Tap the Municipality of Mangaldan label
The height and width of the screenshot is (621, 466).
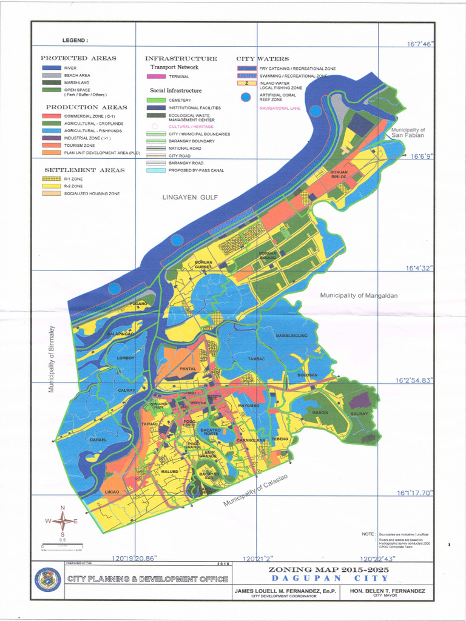[359, 295]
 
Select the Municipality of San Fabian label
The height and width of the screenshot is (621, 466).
[408, 134]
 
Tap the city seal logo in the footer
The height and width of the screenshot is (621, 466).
[49, 579]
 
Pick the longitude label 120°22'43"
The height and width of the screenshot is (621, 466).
[378, 559]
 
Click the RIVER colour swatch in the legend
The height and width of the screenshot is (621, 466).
[50, 68]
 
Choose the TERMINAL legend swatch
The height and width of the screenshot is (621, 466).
[156, 77]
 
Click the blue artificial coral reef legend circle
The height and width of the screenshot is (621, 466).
[245, 97]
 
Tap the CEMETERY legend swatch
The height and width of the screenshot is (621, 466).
[156, 100]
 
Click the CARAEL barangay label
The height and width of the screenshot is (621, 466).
[98, 440]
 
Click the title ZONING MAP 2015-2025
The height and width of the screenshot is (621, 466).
[329, 570]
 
